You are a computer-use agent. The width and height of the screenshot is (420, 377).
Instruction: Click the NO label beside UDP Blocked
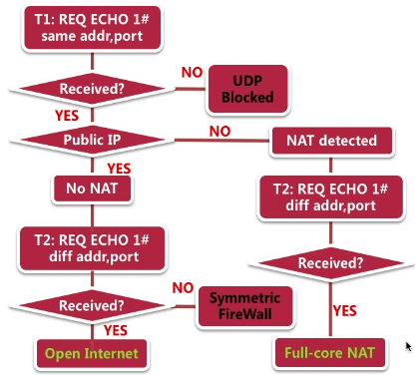coord(191,73)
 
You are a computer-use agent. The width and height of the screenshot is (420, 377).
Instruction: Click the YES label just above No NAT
coord(119,168)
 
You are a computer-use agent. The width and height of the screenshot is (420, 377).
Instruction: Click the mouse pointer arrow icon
coord(407,346)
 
